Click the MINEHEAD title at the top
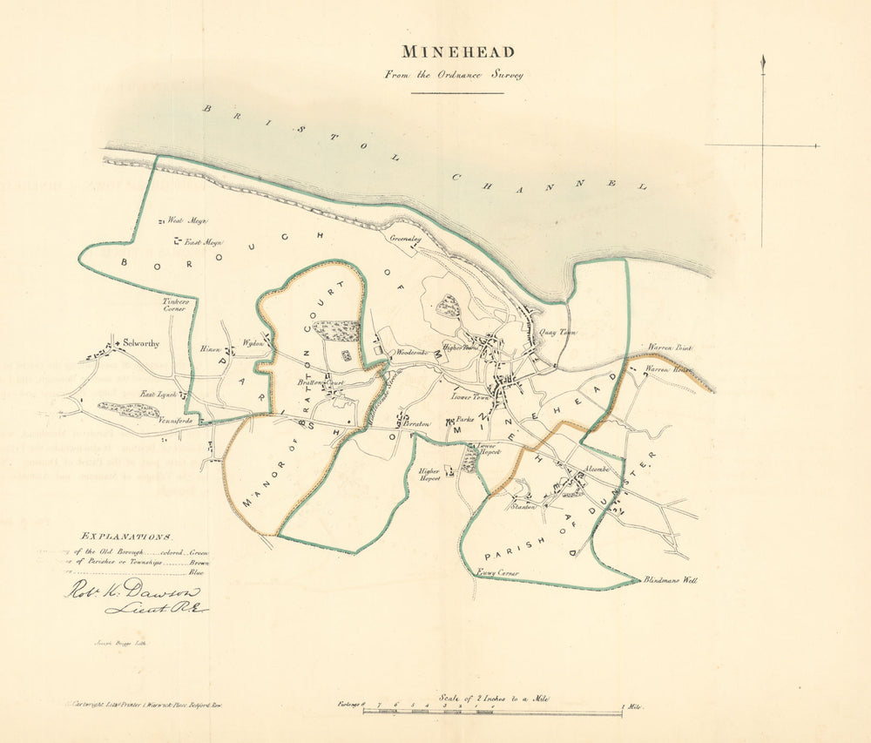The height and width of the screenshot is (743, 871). coord(458,51)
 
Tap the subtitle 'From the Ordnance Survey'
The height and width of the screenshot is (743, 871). coord(454,75)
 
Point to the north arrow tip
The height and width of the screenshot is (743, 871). coord(763,58)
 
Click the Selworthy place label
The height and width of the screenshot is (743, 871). coord(142,343)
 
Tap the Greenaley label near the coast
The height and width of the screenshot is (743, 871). coord(406,236)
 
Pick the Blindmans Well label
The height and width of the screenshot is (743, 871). coord(671,579)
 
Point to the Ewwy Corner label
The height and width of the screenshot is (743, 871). coord(498,572)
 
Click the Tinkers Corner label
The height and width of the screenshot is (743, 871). coord(176,306)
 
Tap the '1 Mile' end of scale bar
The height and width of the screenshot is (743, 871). coord(632,706)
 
